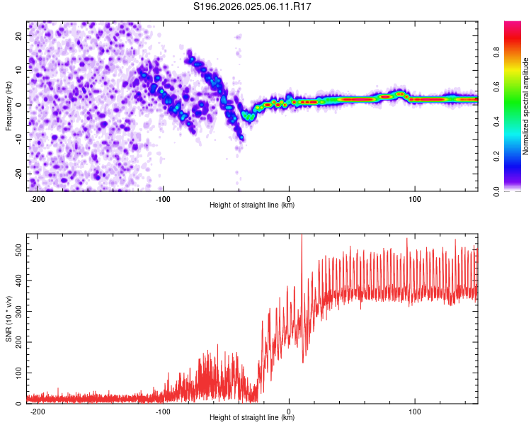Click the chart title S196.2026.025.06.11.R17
point(252,6)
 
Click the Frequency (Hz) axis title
point(8,106)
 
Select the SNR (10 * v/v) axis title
point(8,319)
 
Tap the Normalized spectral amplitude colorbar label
point(525,106)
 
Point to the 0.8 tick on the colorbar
point(496,52)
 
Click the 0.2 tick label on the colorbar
point(496,157)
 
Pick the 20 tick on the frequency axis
point(19,36)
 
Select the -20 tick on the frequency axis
point(19,174)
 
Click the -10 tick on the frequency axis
point(19,140)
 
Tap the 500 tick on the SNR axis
point(19,250)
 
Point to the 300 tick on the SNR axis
point(19,311)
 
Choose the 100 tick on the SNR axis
point(19,373)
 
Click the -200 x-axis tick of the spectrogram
point(38,199)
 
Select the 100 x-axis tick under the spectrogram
point(414,199)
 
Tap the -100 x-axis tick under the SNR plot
point(163,412)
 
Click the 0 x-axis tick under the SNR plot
point(289,412)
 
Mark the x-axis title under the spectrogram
point(252,205)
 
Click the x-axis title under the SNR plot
point(252,417)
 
